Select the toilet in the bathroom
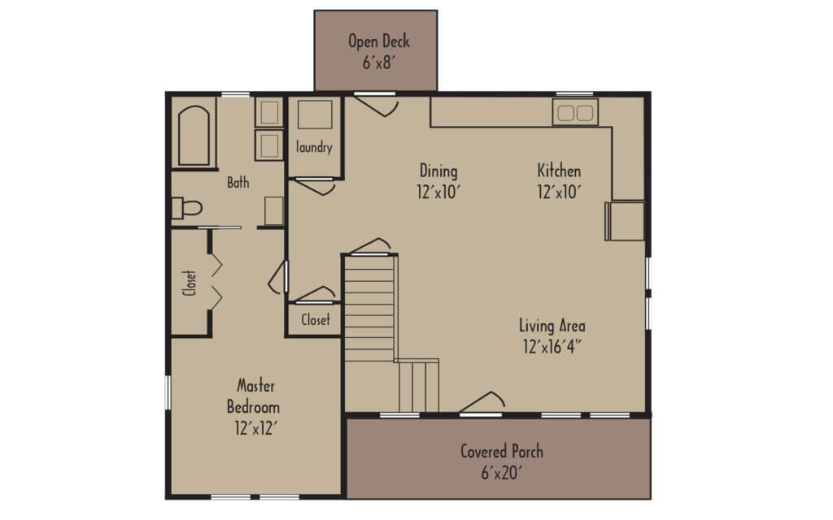(x=186, y=208)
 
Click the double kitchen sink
(x=575, y=112)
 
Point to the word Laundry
(x=314, y=148)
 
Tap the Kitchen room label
(x=559, y=171)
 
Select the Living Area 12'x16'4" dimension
(x=552, y=345)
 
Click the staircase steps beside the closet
(x=369, y=309)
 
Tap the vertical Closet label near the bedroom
(x=190, y=283)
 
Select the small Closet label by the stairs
(x=316, y=319)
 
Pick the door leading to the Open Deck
(x=376, y=104)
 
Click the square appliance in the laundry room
(x=314, y=115)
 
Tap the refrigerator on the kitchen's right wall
(x=626, y=221)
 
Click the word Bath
(x=238, y=183)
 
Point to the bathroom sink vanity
(x=273, y=211)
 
